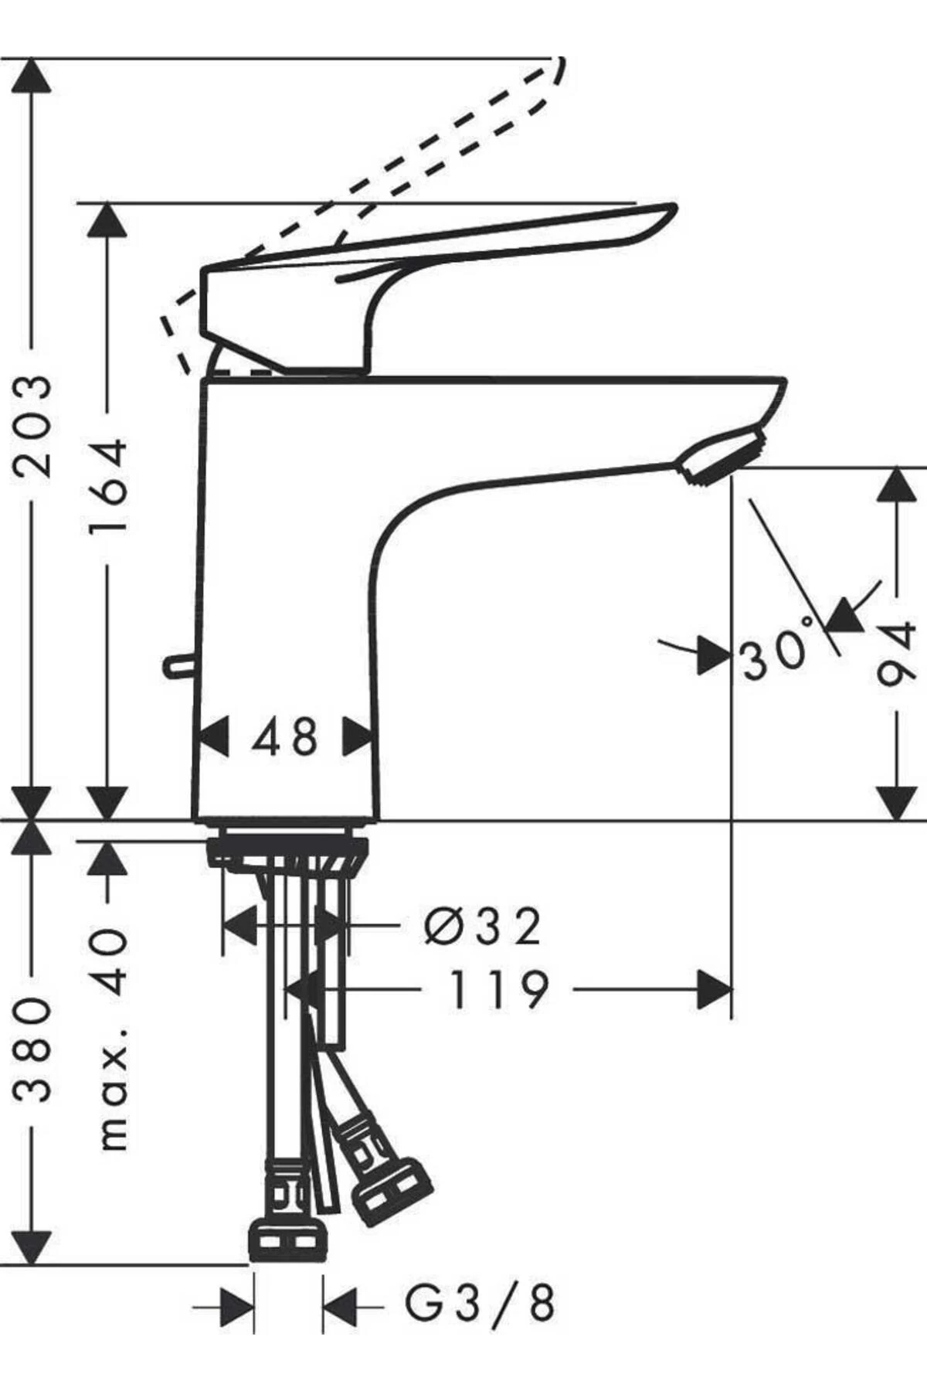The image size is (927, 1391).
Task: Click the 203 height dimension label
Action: (x=33, y=426)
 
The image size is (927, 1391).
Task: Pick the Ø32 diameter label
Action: (x=484, y=926)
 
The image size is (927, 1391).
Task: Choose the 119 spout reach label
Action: (x=498, y=990)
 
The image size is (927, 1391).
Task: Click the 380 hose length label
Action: (x=33, y=1049)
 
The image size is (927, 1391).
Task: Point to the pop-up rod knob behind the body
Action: (x=177, y=664)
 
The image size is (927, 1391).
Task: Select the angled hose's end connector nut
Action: (x=392, y=1191)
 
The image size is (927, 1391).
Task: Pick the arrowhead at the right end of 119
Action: (x=714, y=990)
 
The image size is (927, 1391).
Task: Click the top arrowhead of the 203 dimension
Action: (x=32, y=76)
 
